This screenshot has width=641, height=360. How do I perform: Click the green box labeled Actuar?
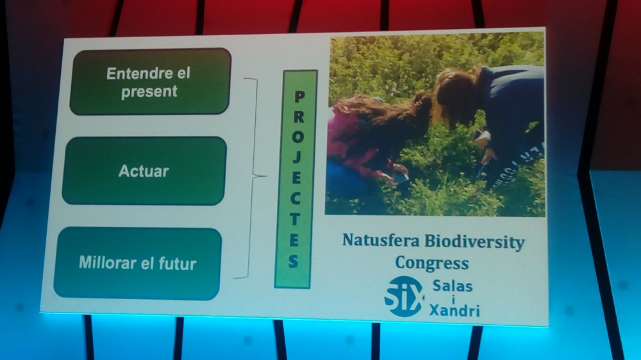pos(144,171)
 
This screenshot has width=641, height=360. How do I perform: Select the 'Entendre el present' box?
pos(150,82)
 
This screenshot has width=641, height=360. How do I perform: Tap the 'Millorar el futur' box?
pos(138,263)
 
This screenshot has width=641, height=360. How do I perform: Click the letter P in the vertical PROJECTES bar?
pos(299,97)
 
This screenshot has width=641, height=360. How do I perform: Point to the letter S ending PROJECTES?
pos(293,261)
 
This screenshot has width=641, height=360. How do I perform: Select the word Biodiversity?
pos(474,242)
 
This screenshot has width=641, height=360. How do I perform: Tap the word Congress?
pos(431,263)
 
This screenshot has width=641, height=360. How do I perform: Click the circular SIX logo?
pos(404,297)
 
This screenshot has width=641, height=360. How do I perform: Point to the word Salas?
pos(453,286)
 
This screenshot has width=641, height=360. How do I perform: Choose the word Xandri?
pos(454,311)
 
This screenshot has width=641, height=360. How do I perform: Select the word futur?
pos(178,264)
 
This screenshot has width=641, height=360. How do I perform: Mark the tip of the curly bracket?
pos(266,176)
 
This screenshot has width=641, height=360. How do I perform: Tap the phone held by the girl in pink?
pos(400,178)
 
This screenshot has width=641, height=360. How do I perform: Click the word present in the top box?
pos(149,92)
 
